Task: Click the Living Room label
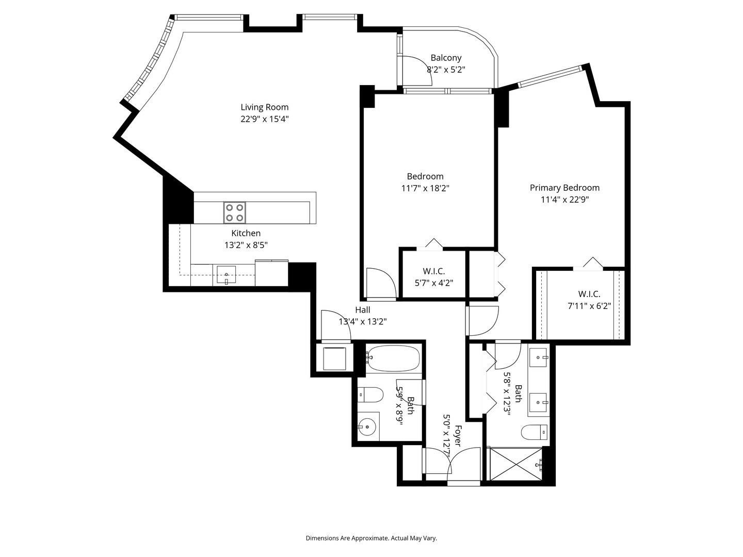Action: point(264,107)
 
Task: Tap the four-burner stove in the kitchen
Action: point(234,212)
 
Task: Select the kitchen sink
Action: point(226,274)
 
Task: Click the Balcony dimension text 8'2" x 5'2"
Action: point(446,70)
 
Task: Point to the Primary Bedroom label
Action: point(564,188)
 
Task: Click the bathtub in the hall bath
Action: point(394,357)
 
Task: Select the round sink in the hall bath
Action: point(367,427)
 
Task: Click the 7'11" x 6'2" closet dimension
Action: point(589,306)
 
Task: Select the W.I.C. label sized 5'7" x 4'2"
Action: point(433,271)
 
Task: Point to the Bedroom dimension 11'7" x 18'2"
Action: point(425,189)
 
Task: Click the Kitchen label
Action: point(246,233)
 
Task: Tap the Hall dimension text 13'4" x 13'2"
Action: point(363,322)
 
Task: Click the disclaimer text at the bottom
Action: point(371,538)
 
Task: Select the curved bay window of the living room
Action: point(149,62)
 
